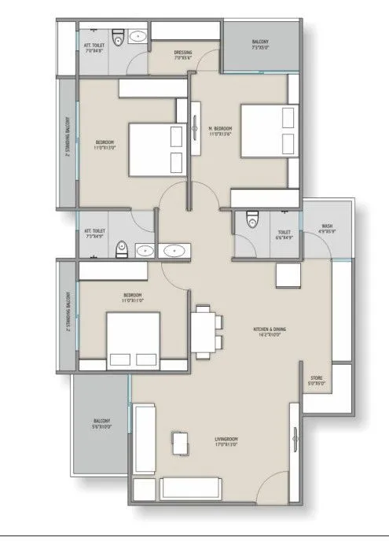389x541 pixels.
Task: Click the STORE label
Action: point(316,381)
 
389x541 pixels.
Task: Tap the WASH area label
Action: point(326,230)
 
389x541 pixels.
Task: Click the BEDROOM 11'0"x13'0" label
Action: point(105,144)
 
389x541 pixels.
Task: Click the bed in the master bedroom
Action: point(266,131)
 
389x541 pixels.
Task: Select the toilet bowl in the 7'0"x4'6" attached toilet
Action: point(116,36)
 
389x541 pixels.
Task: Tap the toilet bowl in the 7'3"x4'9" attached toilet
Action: point(119,249)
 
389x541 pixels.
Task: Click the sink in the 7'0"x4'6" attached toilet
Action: point(138,36)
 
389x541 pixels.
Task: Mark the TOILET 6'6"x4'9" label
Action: point(284,234)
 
